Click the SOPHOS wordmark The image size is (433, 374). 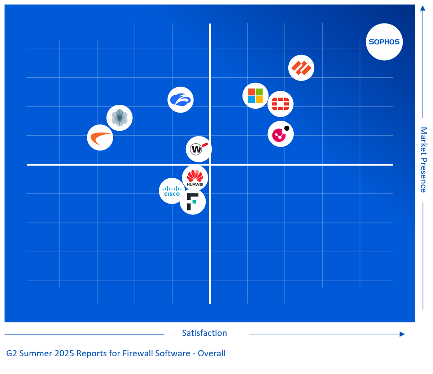(384, 42)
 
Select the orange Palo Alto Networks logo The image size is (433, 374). (301, 68)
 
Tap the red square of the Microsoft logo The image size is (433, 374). (252, 92)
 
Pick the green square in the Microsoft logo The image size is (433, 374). (259, 92)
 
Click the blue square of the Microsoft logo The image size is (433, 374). (252, 100)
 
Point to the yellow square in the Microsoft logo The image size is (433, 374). (259, 100)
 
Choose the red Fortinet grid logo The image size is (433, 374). (280, 104)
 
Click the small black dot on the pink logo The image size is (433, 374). (287, 128)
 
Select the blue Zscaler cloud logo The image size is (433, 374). (180, 100)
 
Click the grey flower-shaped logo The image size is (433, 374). (119, 118)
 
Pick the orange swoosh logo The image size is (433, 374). (100, 138)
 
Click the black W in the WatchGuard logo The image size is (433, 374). (196, 149)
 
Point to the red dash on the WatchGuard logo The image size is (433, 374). (205, 145)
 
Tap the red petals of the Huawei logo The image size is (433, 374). (195, 176)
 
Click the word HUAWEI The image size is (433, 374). (195, 184)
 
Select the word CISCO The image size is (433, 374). (172, 194)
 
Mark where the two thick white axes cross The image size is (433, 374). (210, 165)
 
